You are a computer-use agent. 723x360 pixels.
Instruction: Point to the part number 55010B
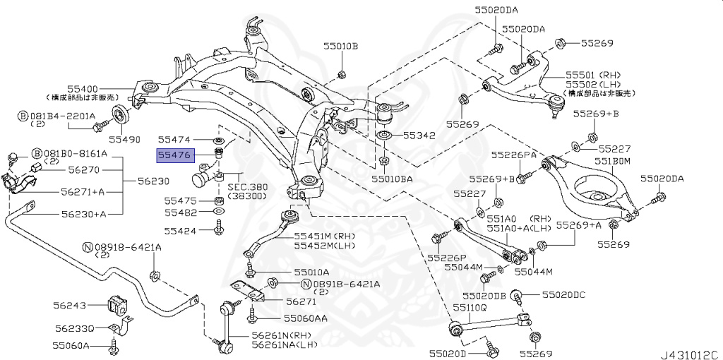tap(341, 47)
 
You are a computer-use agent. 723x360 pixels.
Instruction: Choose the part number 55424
tap(181, 229)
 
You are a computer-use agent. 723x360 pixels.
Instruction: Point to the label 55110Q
tap(470, 308)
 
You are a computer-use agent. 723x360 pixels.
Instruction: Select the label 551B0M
tap(611, 162)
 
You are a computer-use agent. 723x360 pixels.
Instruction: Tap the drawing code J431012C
tap(690, 351)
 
